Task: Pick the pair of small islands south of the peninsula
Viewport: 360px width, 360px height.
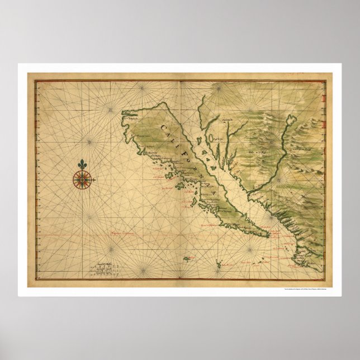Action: coord(257,262)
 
